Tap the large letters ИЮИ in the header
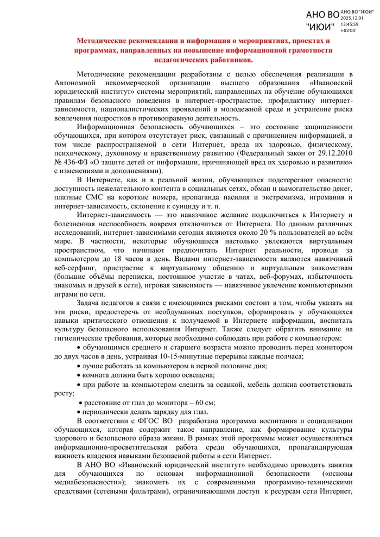click(320, 27)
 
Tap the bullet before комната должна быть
click(79, 375)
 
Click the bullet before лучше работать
click(79, 366)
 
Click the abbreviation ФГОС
click(147, 421)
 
